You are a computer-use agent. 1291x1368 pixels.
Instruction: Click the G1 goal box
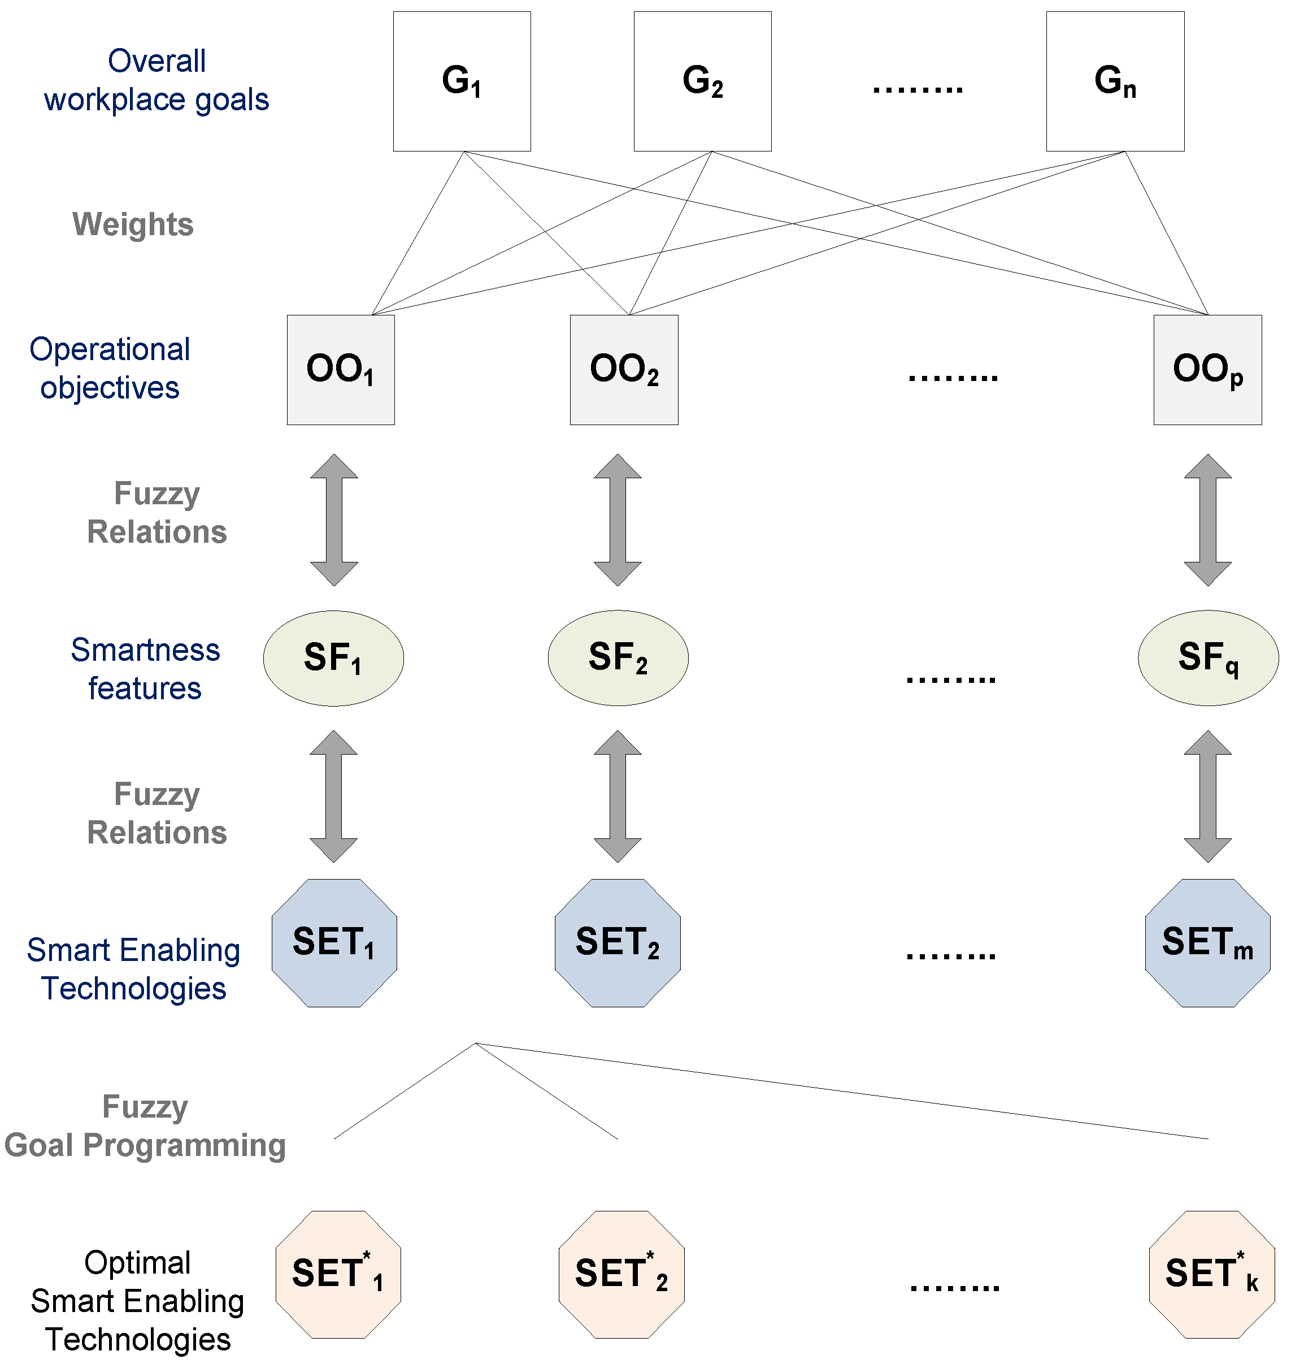pyautogui.click(x=462, y=81)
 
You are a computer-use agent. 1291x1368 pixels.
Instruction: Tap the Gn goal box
pyautogui.click(x=1115, y=81)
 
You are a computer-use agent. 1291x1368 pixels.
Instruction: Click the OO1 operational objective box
pyautogui.click(x=341, y=370)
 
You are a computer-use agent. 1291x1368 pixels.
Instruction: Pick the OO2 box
pyautogui.click(x=624, y=370)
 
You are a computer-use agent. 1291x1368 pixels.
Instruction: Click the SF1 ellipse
pyautogui.click(x=333, y=657)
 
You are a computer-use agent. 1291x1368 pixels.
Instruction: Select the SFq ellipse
pyautogui.click(x=1208, y=657)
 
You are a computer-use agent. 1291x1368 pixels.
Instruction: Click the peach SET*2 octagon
pyautogui.click(x=621, y=1274)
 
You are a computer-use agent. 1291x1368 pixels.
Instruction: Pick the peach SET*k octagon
pyautogui.click(x=1211, y=1274)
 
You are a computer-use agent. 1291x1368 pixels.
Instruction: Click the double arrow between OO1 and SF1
pyautogui.click(x=334, y=520)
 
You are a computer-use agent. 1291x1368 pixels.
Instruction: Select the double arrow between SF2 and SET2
pyautogui.click(x=618, y=796)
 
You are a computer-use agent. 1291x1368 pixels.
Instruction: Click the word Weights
pyautogui.click(x=133, y=224)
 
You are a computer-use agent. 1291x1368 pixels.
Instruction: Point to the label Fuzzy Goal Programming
pyautogui.click(x=145, y=1125)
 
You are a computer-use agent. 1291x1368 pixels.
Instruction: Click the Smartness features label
pyautogui.click(x=145, y=669)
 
